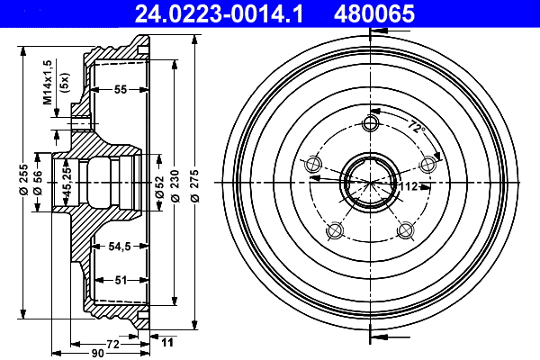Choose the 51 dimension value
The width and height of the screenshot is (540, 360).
point(120,280)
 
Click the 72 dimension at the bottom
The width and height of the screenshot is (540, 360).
point(113,344)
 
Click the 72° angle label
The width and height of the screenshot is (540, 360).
point(415,127)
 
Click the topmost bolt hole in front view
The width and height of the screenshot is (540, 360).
point(369,122)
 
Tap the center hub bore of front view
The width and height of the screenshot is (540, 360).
point(369,179)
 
